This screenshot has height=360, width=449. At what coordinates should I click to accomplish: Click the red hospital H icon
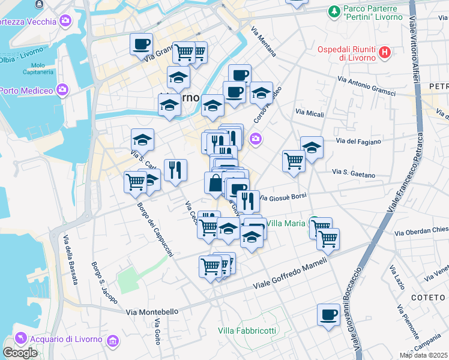click(x=385, y=53)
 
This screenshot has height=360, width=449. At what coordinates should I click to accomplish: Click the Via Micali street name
click(x=310, y=113)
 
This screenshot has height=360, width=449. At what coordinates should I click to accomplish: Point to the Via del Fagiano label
click(x=359, y=142)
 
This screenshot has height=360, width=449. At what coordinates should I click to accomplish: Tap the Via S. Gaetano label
click(x=354, y=173)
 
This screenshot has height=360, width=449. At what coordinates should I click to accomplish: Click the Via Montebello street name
click(x=152, y=311)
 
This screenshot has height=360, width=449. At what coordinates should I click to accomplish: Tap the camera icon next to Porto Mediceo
click(x=63, y=91)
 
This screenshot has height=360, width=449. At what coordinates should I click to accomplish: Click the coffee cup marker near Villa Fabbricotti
click(x=328, y=315)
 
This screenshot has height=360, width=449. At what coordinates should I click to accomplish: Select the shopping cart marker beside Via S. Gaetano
click(x=294, y=160)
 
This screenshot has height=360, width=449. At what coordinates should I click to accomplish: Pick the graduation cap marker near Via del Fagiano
click(x=312, y=148)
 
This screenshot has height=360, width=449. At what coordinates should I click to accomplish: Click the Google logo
click(x=20, y=353)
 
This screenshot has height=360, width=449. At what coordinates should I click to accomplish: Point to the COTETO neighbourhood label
click(x=427, y=297)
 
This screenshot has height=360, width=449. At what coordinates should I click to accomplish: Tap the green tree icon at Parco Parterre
click(x=333, y=11)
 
